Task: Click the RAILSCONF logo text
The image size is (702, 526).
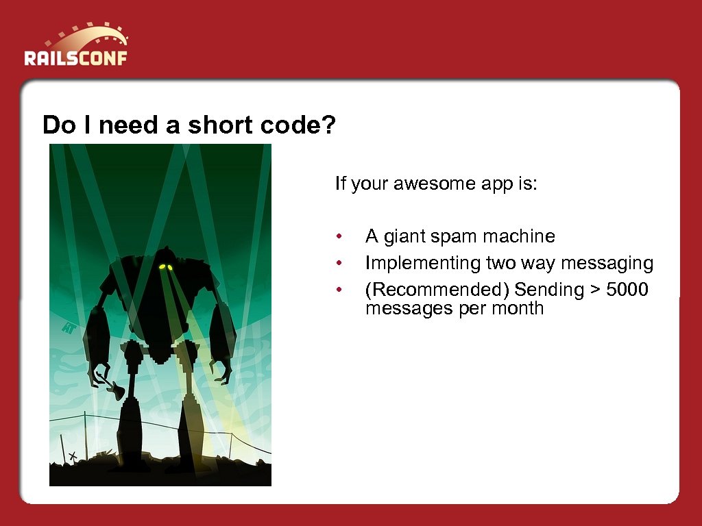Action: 75,58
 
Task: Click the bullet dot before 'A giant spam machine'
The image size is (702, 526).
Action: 338,238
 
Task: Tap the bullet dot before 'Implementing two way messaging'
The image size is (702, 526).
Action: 338,264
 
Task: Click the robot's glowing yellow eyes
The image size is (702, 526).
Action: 165,266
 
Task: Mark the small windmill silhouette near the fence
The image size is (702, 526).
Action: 71,455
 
